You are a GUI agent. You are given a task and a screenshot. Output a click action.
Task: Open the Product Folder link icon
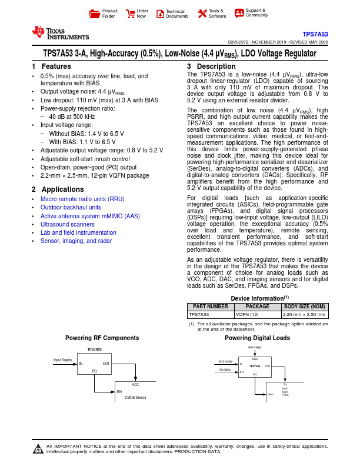click(94, 13)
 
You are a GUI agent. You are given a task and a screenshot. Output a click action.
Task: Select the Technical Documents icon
click(161, 13)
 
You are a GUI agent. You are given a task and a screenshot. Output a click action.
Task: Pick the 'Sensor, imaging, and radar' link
click(76, 241)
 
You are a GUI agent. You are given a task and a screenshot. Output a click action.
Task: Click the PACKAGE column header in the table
click(258, 307)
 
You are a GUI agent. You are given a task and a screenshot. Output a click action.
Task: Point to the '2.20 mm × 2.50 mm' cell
click(304, 315)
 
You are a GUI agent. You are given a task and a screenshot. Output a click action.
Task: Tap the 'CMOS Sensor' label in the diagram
click(136, 398)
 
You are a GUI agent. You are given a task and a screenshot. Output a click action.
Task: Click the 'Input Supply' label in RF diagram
click(63, 360)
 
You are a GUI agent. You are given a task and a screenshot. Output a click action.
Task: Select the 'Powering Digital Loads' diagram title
click(257, 338)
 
